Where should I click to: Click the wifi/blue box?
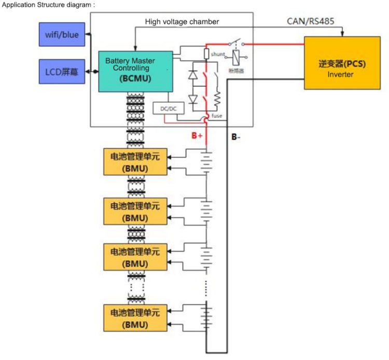click(62, 34)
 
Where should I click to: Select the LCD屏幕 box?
click(62, 71)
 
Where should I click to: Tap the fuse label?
click(217, 116)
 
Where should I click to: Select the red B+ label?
click(197, 135)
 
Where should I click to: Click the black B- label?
click(236, 137)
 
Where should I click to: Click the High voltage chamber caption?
click(182, 21)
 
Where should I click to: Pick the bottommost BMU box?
click(135, 319)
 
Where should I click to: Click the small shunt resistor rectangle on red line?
click(206, 54)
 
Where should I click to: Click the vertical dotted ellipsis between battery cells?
click(206, 286)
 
